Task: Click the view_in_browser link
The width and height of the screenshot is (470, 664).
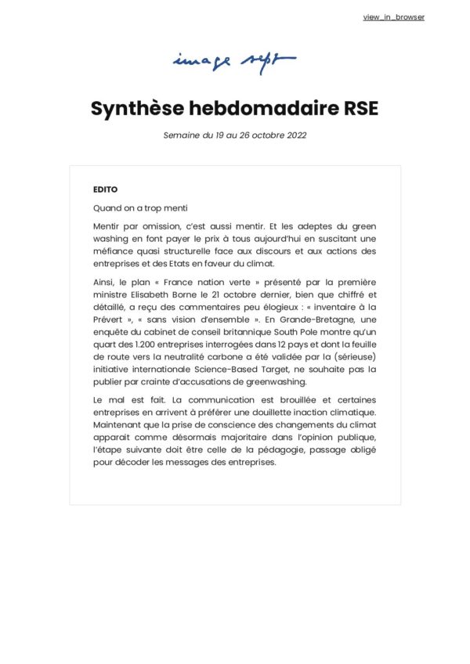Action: (393, 17)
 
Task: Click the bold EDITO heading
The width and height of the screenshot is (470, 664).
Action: (106, 189)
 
